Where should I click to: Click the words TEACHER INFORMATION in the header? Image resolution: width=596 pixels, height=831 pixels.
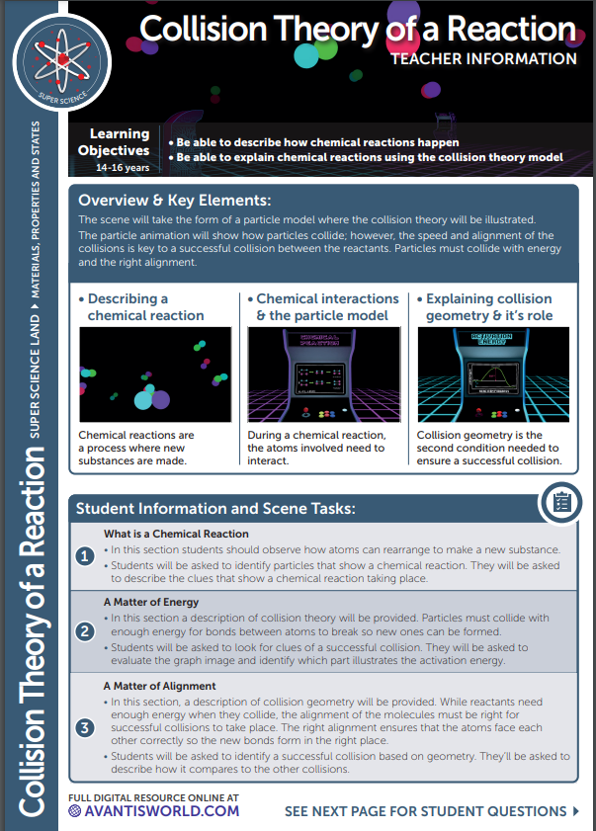click(483, 59)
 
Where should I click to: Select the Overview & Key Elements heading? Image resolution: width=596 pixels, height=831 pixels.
click(174, 201)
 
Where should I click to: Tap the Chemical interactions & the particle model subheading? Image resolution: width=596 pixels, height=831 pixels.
click(327, 307)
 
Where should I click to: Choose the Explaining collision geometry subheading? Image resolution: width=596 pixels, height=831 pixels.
click(489, 307)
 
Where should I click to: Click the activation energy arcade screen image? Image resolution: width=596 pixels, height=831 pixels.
click(490, 374)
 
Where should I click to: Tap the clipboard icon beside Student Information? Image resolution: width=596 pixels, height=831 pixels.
click(559, 502)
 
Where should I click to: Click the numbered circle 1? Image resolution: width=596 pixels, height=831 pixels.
click(86, 556)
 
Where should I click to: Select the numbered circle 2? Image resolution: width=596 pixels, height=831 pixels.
click(86, 630)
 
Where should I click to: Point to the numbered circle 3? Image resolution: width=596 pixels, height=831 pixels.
click(86, 728)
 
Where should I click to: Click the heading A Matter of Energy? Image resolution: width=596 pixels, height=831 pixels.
click(151, 602)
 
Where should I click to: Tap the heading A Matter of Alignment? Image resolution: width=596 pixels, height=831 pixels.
click(159, 685)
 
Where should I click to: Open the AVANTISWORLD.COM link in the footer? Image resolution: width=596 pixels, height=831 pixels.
click(154, 810)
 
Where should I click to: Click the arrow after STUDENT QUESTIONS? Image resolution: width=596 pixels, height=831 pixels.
click(576, 811)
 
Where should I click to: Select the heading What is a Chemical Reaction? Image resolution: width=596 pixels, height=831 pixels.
click(176, 534)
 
